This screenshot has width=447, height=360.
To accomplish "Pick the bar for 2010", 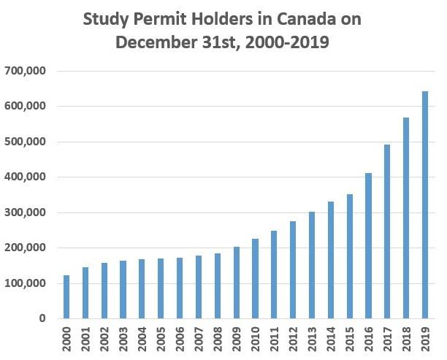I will (x=255, y=278).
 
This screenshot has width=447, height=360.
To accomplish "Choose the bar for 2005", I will (x=161, y=288).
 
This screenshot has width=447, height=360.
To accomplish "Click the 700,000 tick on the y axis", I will (x=26, y=71).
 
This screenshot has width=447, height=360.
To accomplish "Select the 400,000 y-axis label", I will (x=26, y=177).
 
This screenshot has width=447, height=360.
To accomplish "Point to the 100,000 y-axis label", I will (x=26, y=283).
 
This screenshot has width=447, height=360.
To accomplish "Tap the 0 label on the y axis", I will (x=43, y=318).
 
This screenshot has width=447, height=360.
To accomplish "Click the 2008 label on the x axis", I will (x=218, y=339).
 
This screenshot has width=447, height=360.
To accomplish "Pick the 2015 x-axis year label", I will (x=349, y=339).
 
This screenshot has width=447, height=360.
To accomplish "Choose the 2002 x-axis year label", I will (x=105, y=339).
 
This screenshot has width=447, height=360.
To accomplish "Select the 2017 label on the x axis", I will (x=386, y=339).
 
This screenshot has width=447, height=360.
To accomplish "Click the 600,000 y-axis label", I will (x=26, y=106).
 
